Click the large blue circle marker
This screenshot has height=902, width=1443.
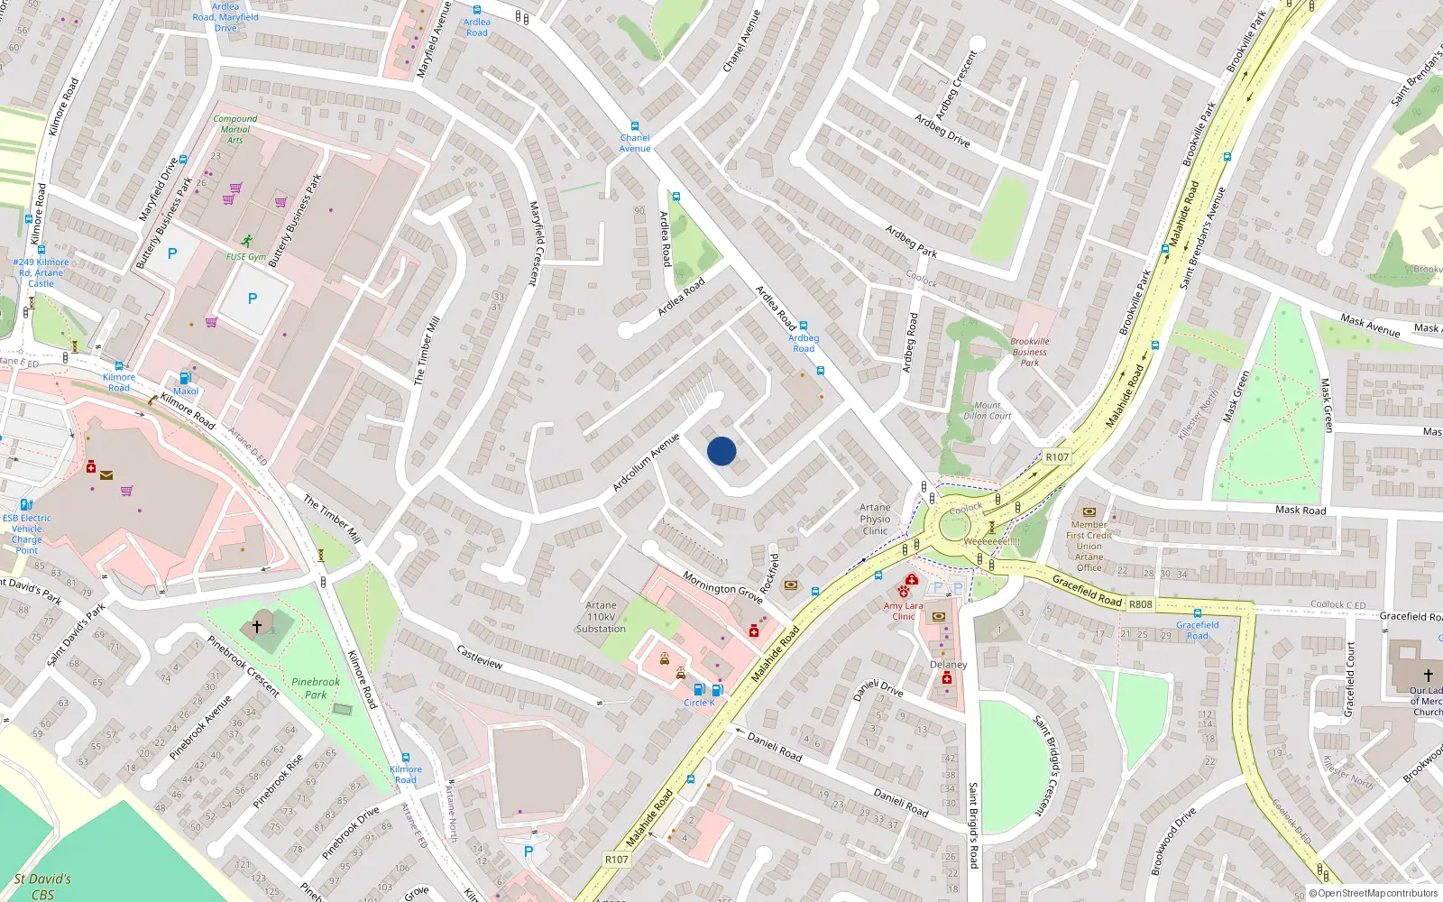click(721, 451)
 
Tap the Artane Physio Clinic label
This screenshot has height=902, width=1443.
click(875, 519)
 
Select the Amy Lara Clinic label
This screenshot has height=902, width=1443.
click(903, 611)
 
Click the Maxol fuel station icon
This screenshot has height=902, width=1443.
click(185, 379)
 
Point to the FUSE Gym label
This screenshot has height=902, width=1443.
click(245, 256)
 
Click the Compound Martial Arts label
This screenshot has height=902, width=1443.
click(235, 129)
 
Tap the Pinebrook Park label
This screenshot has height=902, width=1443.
click(316, 688)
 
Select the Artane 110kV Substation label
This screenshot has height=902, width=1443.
click(601, 617)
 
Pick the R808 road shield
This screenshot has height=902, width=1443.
click(1141, 604)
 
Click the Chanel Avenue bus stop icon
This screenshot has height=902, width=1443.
click(635, 126)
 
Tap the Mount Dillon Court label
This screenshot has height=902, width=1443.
click(987, 410)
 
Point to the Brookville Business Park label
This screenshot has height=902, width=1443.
click(1030, 352)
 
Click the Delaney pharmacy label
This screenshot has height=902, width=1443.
click(948, 665)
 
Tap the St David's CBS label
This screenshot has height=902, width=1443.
click(42, 887)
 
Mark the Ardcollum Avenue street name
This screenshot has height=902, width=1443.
click(646, 463)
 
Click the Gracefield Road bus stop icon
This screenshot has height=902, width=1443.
click(1198, 613)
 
